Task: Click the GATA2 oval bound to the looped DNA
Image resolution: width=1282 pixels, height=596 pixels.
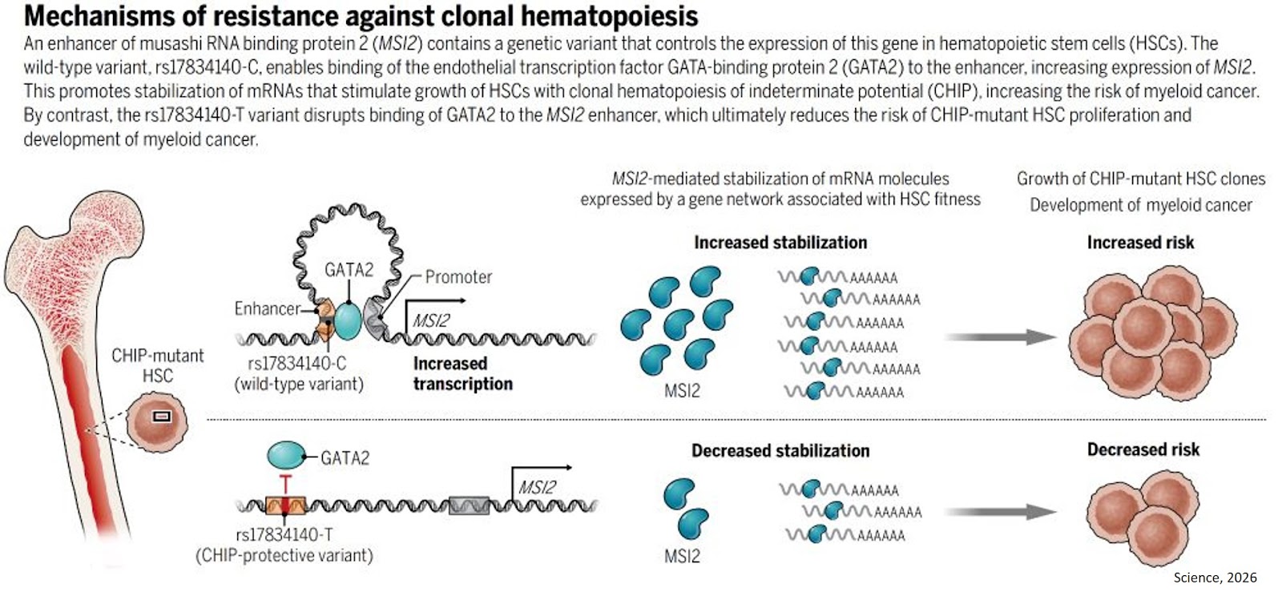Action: click(347, 319)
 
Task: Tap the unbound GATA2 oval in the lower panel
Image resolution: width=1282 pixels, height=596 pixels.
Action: click(285, 456)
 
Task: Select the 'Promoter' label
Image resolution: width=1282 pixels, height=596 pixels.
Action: click(458, 277)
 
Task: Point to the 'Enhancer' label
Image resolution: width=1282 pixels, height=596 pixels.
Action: click(267, 308)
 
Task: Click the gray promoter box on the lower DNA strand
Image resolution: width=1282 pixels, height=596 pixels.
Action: click(469, 505)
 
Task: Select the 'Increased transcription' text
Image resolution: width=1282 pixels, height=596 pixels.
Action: click(462, 373)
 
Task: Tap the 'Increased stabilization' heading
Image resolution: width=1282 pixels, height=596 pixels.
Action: click(780, 242)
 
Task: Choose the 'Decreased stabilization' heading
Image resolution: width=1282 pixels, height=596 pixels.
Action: click(780, 451)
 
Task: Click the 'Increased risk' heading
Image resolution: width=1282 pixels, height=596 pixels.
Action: click(1139, 242)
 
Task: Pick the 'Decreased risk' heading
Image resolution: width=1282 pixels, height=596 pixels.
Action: click(1143, 449)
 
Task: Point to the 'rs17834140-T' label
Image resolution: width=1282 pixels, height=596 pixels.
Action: click(284, 534)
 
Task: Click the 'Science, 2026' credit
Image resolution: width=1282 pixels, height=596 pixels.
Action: click(1215, 578)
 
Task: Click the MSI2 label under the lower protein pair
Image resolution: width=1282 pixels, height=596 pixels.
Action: click(682, 556)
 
